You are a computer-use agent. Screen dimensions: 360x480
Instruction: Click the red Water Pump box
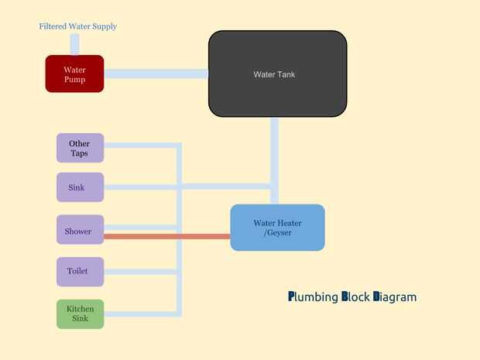(x=74, y=74)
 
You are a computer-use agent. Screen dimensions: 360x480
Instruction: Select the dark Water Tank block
(x=277, y=74)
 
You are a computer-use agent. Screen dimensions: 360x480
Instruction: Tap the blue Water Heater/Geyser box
(x=277, y=228)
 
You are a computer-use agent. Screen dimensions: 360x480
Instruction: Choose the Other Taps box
(x=80, y=148)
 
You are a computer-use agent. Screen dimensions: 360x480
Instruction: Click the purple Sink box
(x=80, y=187)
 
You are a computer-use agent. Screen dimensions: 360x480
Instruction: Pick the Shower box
(x=80, y=230)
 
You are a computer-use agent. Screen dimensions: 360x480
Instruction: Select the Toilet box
(x=80, y=272)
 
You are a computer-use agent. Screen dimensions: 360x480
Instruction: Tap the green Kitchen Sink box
(x=80, y=314)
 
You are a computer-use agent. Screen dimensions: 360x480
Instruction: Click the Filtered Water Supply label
(x=78, y=26)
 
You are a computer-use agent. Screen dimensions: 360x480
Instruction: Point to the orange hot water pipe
(x=166, y=236)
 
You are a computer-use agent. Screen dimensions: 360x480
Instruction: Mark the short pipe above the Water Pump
(x=75, y=44)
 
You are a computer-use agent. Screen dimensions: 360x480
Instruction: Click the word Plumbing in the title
(x=313, y=297)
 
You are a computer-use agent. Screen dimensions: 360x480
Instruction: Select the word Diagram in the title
(x=395, y=297)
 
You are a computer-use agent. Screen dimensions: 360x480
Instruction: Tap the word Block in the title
(x=355, y=297)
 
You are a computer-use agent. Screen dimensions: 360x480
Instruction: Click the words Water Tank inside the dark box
(x=274, y=74)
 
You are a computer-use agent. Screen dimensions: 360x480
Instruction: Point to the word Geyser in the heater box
(x=279, y=232)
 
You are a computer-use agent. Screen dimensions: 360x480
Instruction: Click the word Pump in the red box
(x=74, y=79)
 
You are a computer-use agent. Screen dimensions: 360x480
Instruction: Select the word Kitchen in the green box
(x=80, y=309)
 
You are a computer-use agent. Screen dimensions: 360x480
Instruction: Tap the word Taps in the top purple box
(x=79, y=153)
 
